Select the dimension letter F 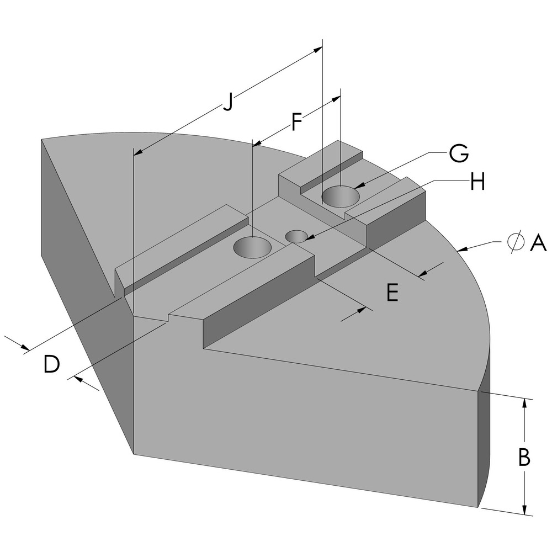[296, 123]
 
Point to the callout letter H [477, 182]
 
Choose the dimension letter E [392, 293]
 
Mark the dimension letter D [51, 365]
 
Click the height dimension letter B [524, 458]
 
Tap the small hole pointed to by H [297, 236]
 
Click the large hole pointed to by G [341, 196]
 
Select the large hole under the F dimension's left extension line [252, 248]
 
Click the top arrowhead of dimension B [524, 403]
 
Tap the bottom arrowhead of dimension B [524, 511]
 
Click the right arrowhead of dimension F [336, 98]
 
